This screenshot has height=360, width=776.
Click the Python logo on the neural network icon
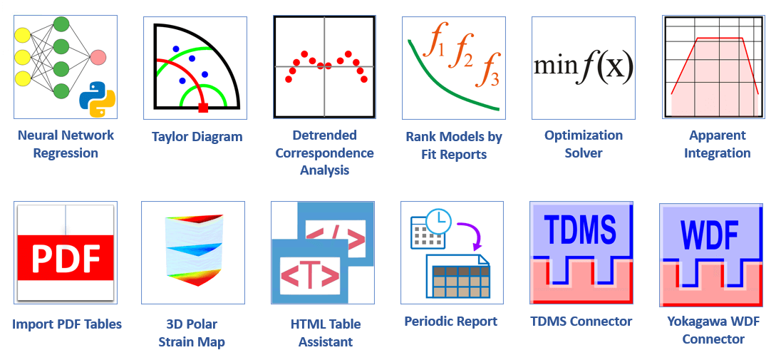point(97,98)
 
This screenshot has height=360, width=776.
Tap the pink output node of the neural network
point(98,58)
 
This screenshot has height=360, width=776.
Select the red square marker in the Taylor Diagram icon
point(203,108)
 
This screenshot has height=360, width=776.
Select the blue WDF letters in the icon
point(710,235)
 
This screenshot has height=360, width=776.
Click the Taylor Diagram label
point(197,137)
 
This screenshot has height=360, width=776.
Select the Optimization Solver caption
point(584,144)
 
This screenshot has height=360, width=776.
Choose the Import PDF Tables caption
point(67,324)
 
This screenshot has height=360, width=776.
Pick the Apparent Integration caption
point(717,144)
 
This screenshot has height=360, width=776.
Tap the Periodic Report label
point(451,322)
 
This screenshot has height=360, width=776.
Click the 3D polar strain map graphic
point(192,252)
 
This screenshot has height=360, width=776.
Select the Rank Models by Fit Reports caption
point(454,145)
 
